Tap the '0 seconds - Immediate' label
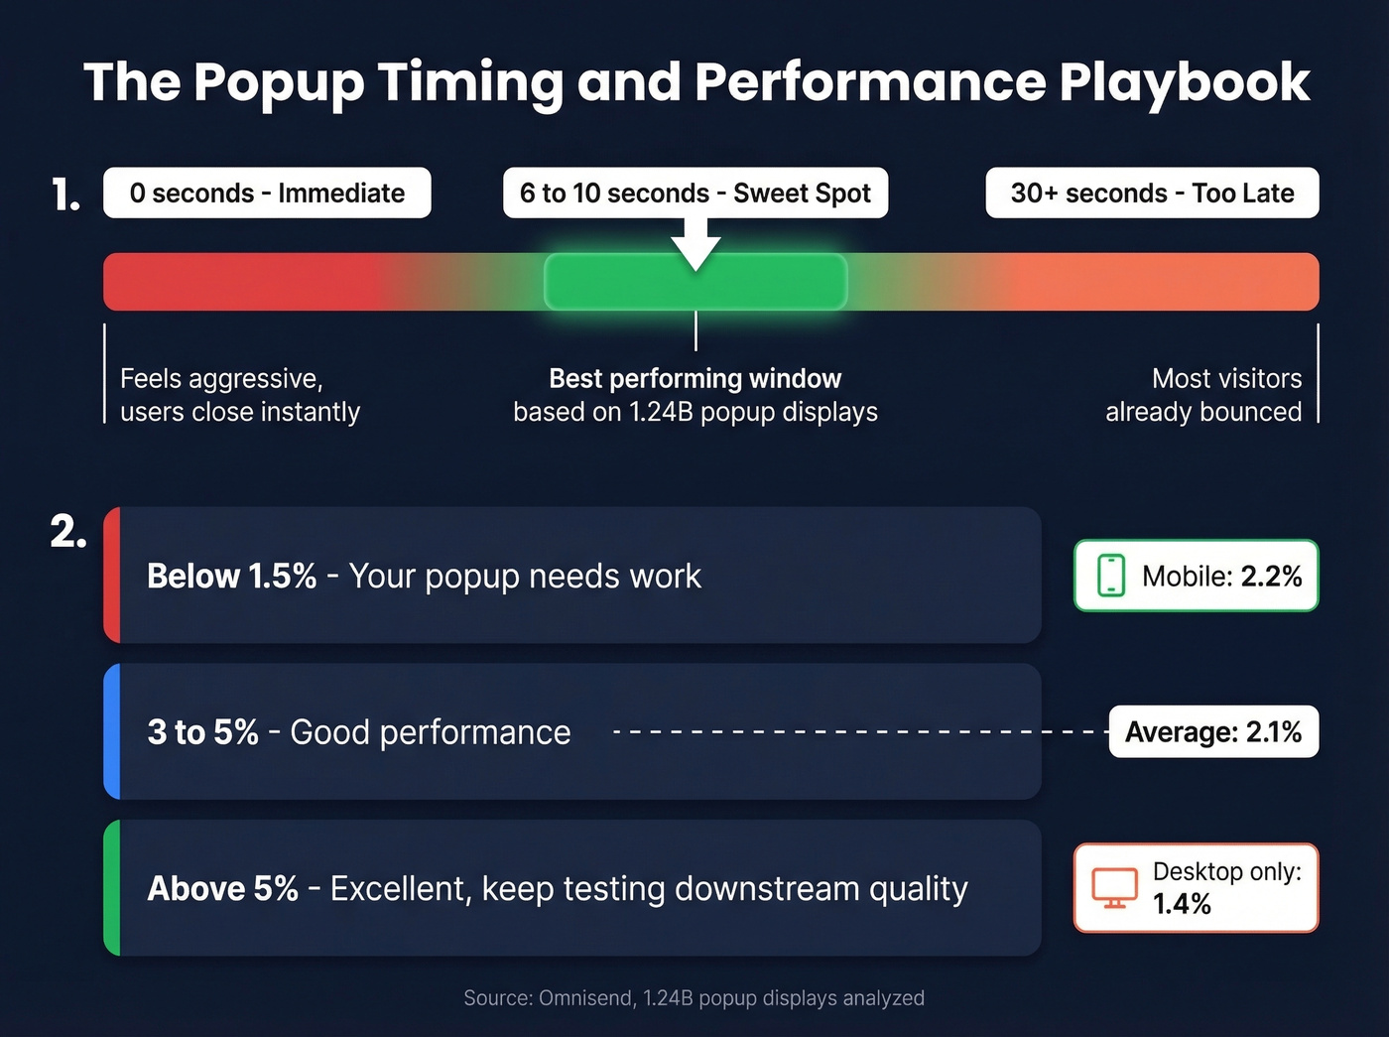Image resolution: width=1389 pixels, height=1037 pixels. tap(267, 193)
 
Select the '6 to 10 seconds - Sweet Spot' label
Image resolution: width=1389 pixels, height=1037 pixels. tap(695, 193)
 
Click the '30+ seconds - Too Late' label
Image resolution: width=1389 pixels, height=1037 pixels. tap(1152, 193)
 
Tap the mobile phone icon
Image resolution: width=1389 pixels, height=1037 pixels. tap(1111, 576)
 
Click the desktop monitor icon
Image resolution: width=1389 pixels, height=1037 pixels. tap(1114, 887)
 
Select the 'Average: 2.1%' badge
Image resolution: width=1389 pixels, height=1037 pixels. tap(1213, 731)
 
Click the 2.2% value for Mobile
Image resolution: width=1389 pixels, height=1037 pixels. tap(1271, 576)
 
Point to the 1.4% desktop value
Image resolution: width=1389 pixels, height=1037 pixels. tap(1182, 904)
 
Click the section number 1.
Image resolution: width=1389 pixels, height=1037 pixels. tap(65, 194)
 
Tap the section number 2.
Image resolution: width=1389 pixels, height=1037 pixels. tap(68, 533)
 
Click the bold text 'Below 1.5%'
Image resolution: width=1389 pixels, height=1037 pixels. tap(231, 576)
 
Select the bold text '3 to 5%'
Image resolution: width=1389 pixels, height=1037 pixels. tap(202, 731)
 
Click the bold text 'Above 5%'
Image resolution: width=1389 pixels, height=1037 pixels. tap(222, 888)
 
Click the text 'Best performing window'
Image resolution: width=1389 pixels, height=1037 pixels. tap(694, 378)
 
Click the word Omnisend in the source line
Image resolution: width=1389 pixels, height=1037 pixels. tap(585, 998)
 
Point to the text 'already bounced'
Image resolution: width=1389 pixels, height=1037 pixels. tap(1202, 412)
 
